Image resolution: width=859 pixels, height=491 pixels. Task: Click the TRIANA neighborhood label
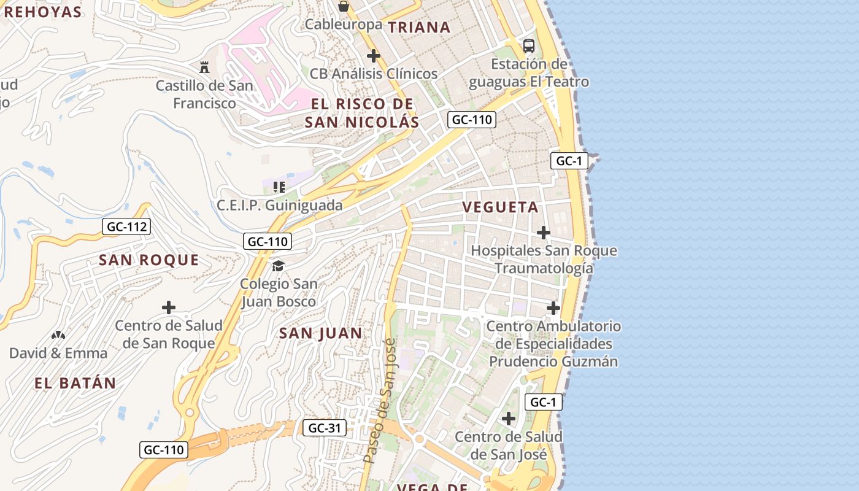point(419,27)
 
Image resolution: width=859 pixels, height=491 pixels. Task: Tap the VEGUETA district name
point(501,207)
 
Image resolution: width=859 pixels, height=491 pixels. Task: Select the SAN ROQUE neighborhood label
point(149,260)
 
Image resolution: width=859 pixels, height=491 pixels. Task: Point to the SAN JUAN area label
point(320,333)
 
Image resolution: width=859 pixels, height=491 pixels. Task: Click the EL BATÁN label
point(75,384)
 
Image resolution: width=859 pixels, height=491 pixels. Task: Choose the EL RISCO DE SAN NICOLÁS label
point(362,113)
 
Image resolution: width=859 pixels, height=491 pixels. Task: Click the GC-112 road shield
point(126,227)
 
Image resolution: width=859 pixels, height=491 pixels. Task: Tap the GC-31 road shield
point(324,428)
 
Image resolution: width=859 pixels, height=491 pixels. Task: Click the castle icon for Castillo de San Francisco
point(204,67)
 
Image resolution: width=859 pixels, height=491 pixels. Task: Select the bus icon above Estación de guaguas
point(529,45)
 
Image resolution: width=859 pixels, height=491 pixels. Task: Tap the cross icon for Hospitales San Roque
point(543,233)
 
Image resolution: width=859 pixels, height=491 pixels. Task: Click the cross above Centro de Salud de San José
point(508,419)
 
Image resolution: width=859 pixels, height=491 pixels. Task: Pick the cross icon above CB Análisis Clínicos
point(373,56)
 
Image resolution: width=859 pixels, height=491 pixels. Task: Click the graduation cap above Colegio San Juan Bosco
point(279,266)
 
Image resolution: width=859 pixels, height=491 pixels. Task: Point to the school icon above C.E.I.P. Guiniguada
point(279,187)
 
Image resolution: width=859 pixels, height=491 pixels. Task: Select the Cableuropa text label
point(343,25)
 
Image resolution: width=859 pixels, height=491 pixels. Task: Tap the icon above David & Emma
point(58,335)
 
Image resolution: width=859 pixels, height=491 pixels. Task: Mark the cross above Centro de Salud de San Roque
point(169,307)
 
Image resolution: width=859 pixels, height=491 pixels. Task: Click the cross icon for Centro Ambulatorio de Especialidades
point(553,307)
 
